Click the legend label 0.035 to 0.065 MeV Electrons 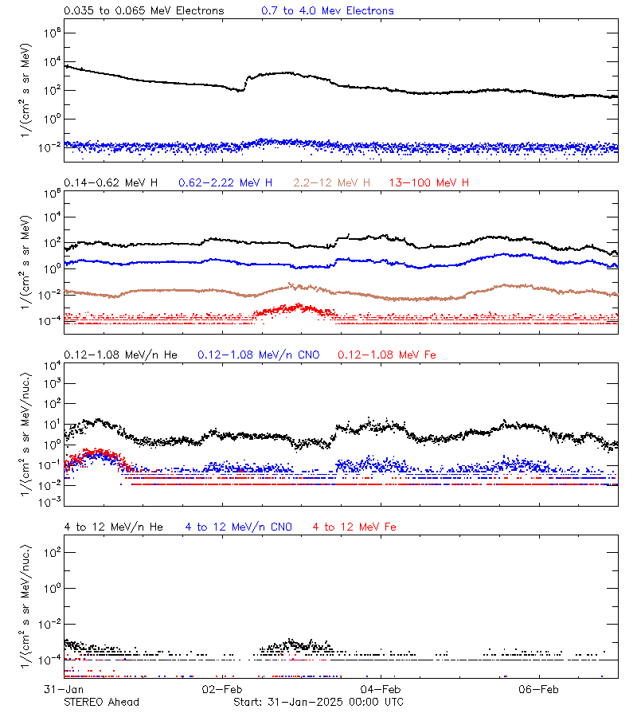pos(143,11)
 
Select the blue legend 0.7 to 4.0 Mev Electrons pos(327,11)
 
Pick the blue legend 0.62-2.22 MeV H pos(225,183)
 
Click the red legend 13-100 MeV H pos(429,183)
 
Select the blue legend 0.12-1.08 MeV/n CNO pos(258,355)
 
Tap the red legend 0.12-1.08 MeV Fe pos(387,355)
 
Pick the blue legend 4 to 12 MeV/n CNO pos(238,527)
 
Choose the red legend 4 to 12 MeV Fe pos(354,527)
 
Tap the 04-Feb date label pos(381,688)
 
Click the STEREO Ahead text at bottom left pos(101,702)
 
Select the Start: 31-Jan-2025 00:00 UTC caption pos(318,702)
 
